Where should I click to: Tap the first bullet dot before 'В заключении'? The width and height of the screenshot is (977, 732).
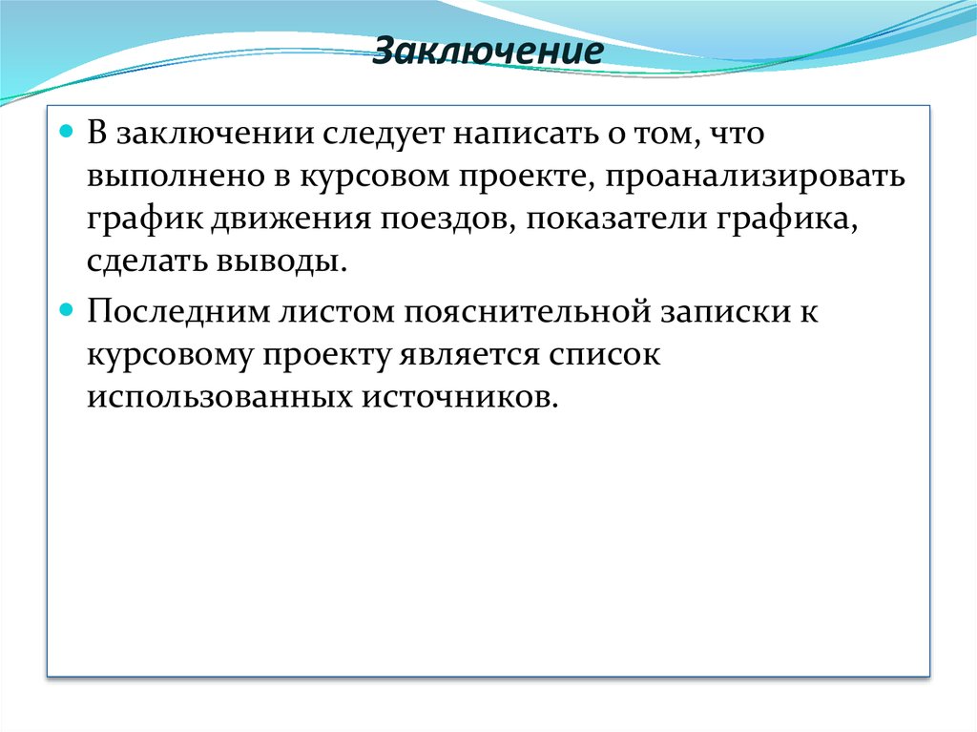[67, 131]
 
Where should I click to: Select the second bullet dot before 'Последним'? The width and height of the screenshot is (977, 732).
[67, 310]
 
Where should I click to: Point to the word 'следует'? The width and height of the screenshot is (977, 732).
[385, 135]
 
